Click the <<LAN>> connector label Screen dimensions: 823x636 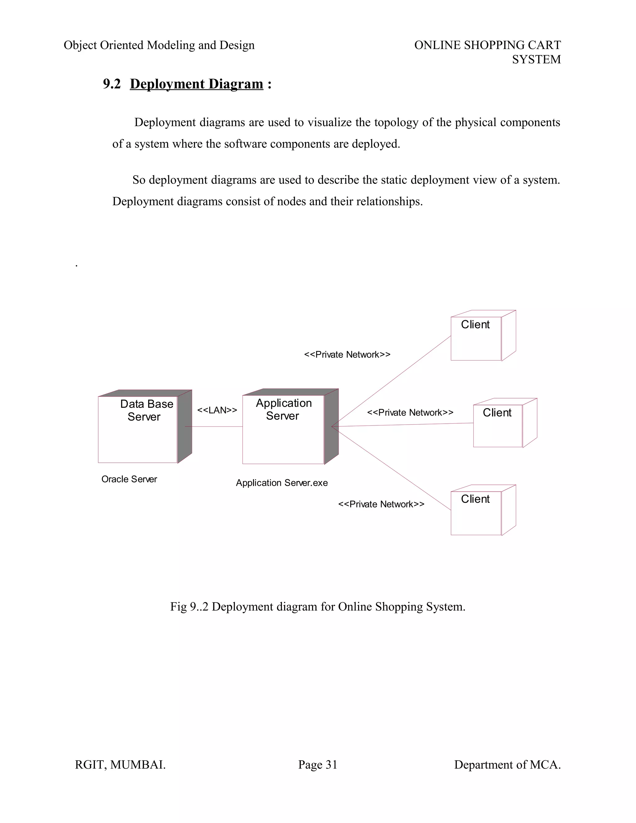point(217,410)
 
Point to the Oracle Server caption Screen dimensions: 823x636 point(129,479)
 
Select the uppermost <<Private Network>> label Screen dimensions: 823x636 point(347,355)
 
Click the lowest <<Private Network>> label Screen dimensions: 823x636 point(381,504)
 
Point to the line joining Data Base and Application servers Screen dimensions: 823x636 point(214,427)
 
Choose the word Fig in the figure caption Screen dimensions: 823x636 point(178,607)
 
